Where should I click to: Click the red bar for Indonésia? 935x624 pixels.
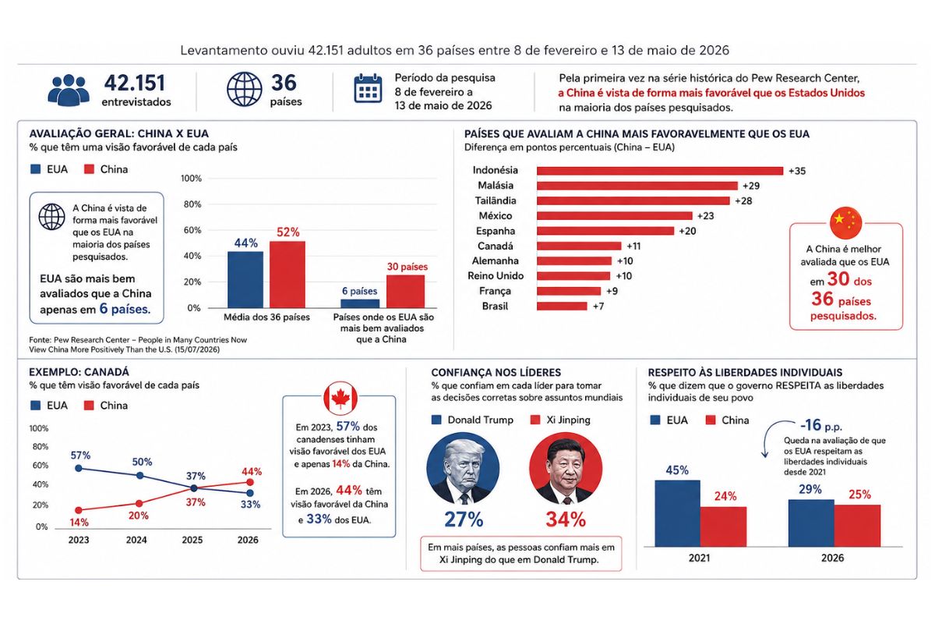[x=659, y=171]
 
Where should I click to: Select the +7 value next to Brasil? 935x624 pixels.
[x=598, y=307]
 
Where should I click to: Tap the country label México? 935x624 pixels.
[x=495, y=215]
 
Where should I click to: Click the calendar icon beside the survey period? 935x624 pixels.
[x=368, y=88]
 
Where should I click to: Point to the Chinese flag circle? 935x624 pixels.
[x=845, y=222]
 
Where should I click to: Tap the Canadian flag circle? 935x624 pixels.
[x=340, y=398]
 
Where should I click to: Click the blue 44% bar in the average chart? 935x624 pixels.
[x=245, y=279]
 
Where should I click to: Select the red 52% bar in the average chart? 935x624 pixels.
[x=288, y=275]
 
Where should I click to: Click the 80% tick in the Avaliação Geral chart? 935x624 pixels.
[x=192, y=204]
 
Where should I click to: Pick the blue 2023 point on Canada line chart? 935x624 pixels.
[x=78, y=469]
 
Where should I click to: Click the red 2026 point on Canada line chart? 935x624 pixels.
[x=249, y=482]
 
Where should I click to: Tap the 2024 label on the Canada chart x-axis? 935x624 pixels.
[x=136, y=540]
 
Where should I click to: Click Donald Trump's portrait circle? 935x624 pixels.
[x=463, y=468]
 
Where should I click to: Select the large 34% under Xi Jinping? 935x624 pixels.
[x=566, y=519]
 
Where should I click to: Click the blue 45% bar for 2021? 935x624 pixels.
[x=677, y=513]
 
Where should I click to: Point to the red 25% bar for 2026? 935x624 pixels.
[x=857, y=526]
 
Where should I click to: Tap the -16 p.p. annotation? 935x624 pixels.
[x=821, y=425]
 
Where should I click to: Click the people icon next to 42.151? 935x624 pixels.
[x=69, y=90]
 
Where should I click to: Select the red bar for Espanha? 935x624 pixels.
[x=605, y=231]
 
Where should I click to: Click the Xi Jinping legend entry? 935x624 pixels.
[x=560, y=420]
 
